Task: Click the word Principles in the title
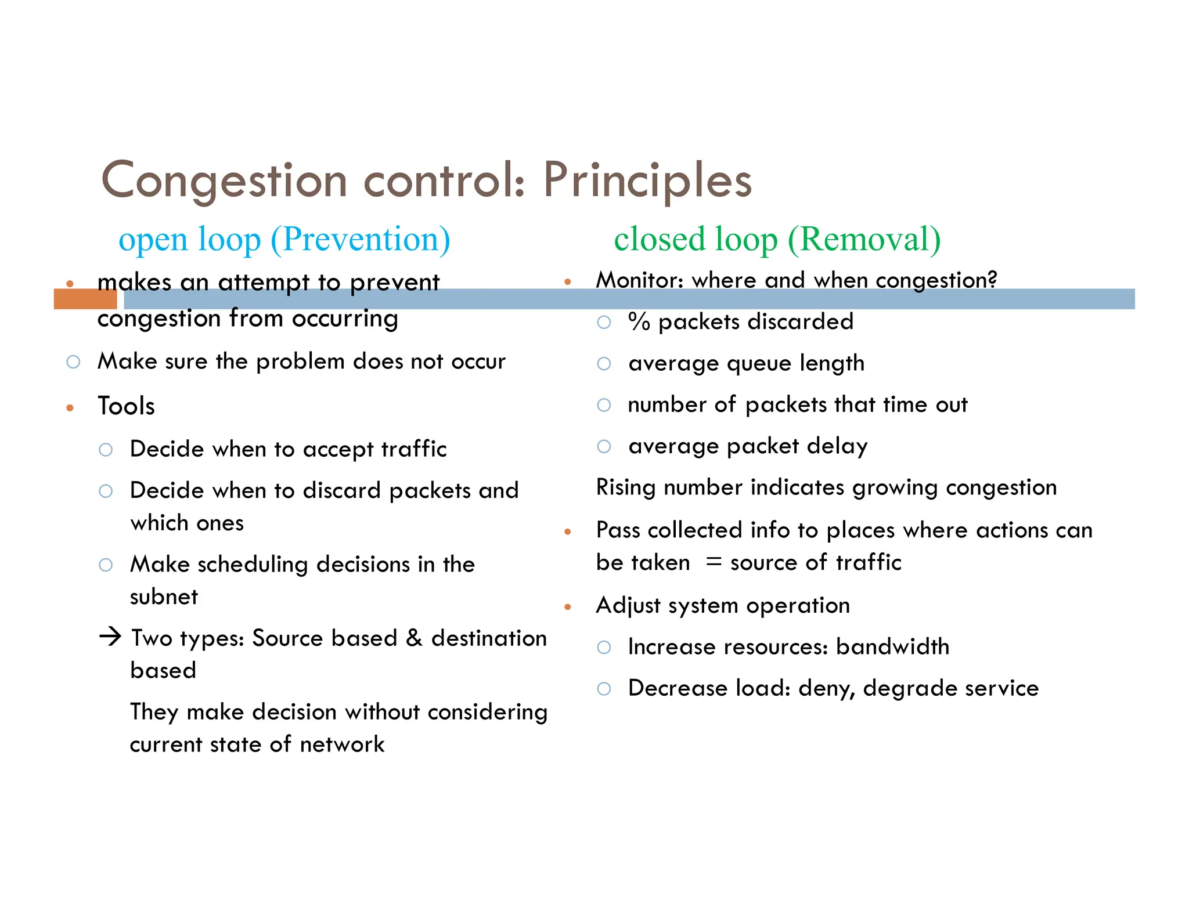coord(647,181)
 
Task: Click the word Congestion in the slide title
coord(224,181)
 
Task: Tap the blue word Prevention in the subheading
coord(360,239)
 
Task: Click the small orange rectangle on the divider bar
coord(85,299)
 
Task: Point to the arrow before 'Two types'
coord(110,637)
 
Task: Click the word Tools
coord(126,406)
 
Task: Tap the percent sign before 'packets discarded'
coord(639,321)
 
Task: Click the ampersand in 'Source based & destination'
coord(414,638)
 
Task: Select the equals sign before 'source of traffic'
coord(714,562)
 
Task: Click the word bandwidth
coord(892,646)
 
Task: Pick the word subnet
coord(164,597)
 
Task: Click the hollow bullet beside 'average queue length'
coord(604,364)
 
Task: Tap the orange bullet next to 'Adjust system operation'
coord(568,607)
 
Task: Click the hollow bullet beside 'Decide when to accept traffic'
coord(106,450)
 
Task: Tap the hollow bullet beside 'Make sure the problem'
coord(73,362)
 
